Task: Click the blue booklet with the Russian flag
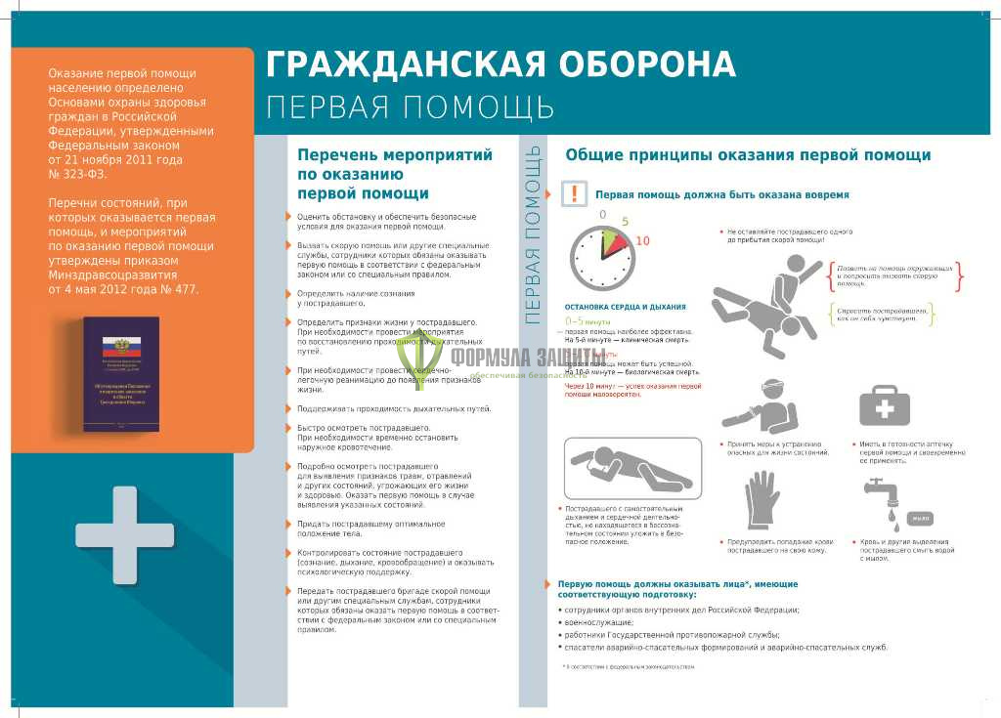(120, 374)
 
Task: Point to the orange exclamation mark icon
(577, 193)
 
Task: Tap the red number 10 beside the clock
(642, 241)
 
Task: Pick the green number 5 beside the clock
(625, 222)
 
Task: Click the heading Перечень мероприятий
(395, 154)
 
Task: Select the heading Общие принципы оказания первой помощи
(748, 154)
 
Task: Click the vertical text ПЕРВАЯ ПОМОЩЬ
(534, 234)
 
